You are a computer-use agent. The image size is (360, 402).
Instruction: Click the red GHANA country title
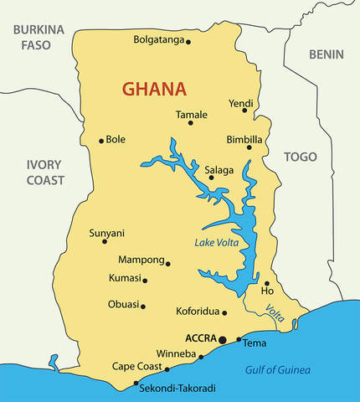(154, 89)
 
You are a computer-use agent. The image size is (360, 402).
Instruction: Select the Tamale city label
(191, 114)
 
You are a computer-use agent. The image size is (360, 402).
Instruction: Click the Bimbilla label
(244, 139)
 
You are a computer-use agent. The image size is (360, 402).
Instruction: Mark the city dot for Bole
(101, 141)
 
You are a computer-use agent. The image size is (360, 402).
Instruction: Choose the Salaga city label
(219, 170)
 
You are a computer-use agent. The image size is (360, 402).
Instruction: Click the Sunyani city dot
(105, 242)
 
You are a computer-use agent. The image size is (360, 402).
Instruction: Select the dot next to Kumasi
(145, 281)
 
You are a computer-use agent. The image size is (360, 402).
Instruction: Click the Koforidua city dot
(224, 313)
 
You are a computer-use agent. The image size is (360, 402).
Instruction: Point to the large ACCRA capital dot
(223, 339)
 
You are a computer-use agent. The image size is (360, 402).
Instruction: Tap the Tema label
(255, 343)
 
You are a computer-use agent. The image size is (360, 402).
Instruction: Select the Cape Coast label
(137, 367)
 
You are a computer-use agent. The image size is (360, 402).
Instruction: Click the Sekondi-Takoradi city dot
(136, 384)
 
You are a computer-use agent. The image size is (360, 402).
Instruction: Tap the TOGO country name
(301, 157)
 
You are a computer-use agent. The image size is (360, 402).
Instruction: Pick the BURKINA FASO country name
(37, 37)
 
